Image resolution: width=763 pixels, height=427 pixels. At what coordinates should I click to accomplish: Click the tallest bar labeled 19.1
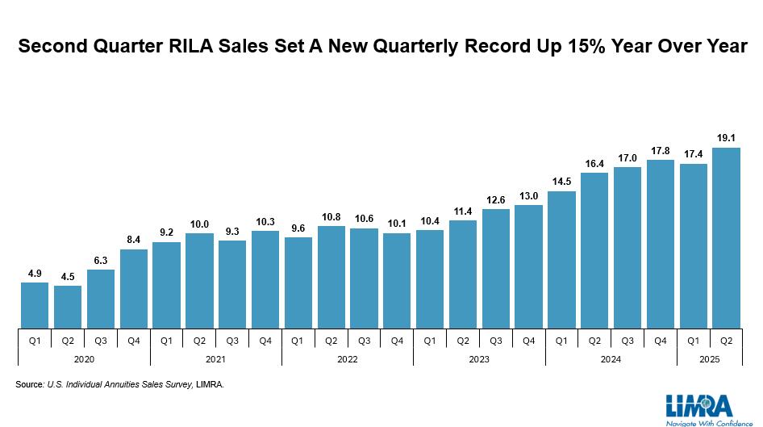click(726, 237)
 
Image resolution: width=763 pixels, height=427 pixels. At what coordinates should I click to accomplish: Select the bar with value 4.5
click(68, 307)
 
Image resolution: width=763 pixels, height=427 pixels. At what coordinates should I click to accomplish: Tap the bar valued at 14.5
click(561, 260)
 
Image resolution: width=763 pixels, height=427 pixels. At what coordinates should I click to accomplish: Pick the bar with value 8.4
click(134, 289)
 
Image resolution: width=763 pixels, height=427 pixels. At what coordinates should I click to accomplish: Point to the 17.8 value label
click(661, 151)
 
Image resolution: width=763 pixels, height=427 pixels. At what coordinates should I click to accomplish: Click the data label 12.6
click(496, 200)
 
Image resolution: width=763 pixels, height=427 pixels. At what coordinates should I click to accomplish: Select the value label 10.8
click(331, 217)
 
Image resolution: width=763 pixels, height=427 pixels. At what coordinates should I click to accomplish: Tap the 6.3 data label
click(101, 261)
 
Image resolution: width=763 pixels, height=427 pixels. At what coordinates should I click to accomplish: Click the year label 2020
click(84, 359)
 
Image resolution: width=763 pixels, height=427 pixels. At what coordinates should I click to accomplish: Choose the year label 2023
click(479, 359)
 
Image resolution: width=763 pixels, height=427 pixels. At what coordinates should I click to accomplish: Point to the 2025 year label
click(710, 359)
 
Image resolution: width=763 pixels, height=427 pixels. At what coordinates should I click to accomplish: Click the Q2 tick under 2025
click(726, 341)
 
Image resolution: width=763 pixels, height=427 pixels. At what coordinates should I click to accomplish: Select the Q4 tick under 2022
click(397, 341)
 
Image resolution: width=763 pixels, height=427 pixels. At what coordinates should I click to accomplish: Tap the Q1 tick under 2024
click(561, 341)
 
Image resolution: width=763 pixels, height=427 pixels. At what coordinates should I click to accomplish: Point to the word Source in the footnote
click(29, 384)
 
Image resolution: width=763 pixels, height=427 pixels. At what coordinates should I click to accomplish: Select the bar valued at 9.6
click(298, 283)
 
